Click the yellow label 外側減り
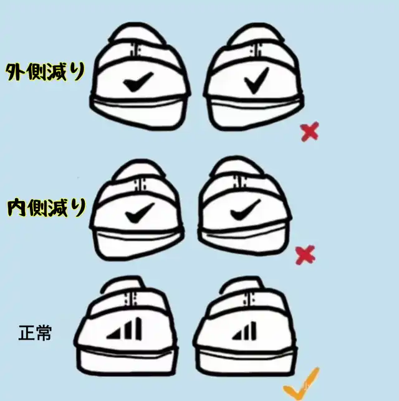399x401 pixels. (x=45, y=72)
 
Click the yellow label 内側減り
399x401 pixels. (x=46, y=208)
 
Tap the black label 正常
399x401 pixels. (x=35, y=333)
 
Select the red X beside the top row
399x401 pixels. (x=310, y=131)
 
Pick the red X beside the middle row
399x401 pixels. (x=305, y=255)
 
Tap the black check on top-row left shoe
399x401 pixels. (x=138, y=82)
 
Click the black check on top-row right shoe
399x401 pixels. (x=257, y=80)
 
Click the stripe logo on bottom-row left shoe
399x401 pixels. (x=124, y=329)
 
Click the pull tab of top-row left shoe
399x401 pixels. (x=135, y=50)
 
